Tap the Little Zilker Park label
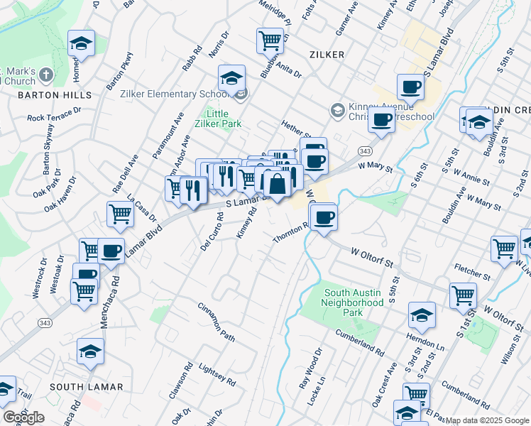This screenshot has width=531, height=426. (224, 118)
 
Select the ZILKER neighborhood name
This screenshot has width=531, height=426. (327, 55)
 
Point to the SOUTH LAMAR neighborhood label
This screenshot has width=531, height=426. (87, 387)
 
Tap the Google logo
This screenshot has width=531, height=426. (23, 417)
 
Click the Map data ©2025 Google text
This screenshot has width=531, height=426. (486, 420)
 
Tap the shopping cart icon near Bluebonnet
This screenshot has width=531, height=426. (270, 41)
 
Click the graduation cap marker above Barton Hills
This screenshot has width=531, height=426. (82, 44)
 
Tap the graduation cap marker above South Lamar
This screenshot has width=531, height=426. (91, 351)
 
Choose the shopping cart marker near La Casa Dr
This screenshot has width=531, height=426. (121, 213)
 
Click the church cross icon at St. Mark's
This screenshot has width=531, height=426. (46, 75)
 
